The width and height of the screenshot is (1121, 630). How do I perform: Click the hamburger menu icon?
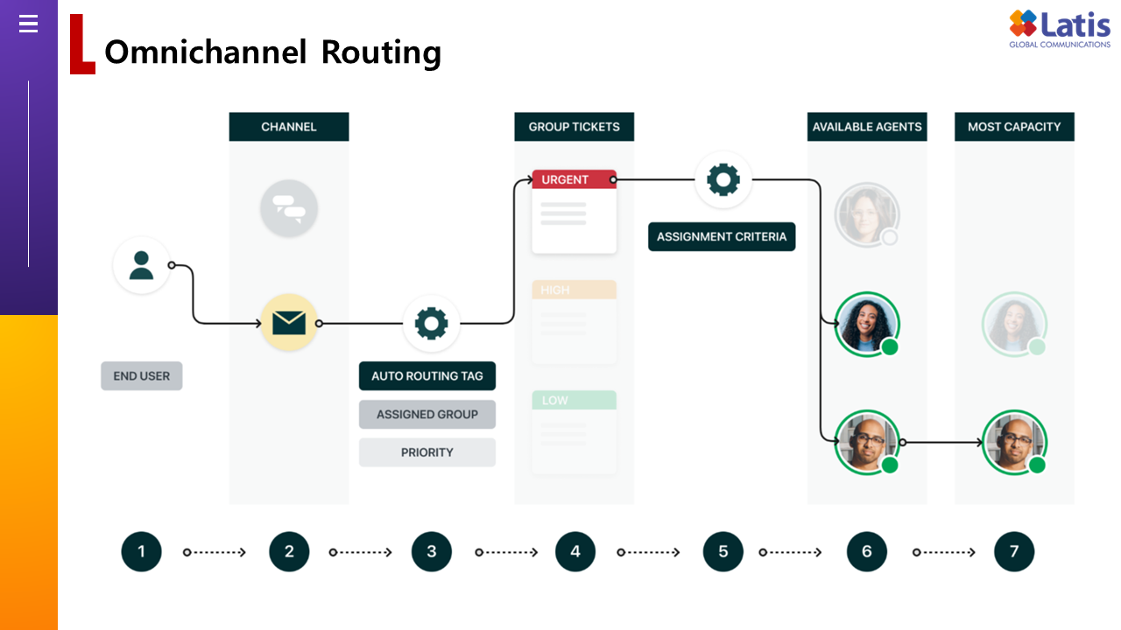[28, 24]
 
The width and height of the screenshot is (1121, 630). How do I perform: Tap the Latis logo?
[1059, 30]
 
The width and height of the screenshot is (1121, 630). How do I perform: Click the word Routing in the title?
[381, 52]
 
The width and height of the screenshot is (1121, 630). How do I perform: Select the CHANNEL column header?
[289, 127]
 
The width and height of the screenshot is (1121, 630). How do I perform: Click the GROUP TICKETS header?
[574, 127]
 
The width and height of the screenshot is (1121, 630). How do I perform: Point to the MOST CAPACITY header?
[1014, 127]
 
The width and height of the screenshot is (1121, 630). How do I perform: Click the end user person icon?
[141, 265]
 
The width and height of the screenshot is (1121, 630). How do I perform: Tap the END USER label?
[142, 376]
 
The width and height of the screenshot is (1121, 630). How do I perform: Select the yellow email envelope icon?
[289, 323]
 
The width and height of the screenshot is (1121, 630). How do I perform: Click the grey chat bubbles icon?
[289, 208]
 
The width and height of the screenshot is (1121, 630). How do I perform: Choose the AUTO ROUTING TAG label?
[427, 376]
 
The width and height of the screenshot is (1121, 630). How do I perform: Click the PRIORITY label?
[427, 452]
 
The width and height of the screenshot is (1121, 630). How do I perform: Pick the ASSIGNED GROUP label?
[427, 415]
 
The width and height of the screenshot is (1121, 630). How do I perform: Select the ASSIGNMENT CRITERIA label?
[722, 237]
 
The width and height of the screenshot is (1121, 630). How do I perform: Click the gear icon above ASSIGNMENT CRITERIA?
[723, 180]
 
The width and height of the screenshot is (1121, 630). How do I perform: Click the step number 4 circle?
[575, 552]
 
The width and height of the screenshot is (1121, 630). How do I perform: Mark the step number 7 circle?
[1014, 552]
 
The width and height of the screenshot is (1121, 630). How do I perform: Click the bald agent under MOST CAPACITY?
[1014, 442]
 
